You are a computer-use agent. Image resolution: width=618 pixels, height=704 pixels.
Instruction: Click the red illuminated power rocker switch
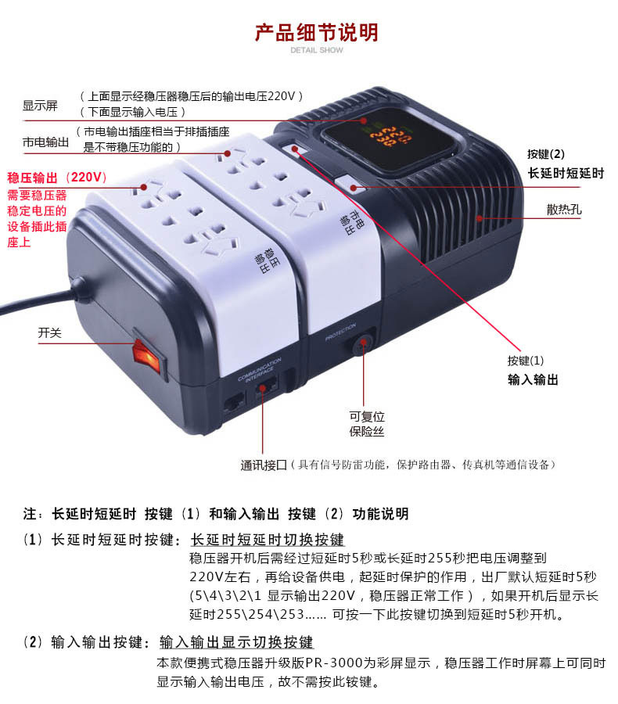coord(147,356)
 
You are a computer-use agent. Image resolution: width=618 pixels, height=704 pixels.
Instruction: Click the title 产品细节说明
coord(317,32)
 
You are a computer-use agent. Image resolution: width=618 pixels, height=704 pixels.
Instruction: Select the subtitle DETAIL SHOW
coord(317,50)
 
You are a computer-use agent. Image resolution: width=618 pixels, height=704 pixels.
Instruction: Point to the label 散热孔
coord(564,209)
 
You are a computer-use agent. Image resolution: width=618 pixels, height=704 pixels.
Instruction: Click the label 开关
coord(49,332)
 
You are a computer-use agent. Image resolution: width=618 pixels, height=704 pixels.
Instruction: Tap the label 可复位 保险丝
coord(367,424)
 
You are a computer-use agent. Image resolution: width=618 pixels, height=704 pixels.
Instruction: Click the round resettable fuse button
coord(362,345)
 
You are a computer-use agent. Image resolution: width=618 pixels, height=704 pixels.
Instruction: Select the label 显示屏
coord(40,106)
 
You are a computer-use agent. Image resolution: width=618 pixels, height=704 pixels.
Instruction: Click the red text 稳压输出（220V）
coord(57,178)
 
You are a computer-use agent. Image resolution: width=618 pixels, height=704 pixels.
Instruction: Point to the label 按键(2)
coord(546,154)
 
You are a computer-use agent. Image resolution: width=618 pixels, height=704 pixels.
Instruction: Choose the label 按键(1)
coord(526,361)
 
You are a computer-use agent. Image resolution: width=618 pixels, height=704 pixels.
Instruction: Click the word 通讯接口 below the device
coord(264,465)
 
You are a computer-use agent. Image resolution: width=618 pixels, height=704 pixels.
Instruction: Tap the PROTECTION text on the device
coord(340,331)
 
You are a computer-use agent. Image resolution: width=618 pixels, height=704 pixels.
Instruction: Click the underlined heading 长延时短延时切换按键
coord(268,539)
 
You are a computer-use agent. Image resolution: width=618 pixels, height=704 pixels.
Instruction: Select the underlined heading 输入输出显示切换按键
coord(236,642)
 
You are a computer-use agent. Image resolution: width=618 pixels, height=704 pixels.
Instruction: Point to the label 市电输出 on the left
coord(46,142)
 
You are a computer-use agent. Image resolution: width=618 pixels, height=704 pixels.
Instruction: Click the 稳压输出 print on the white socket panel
coord(266,260)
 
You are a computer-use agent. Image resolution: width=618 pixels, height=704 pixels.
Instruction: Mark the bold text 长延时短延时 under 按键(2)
coord(566,174)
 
